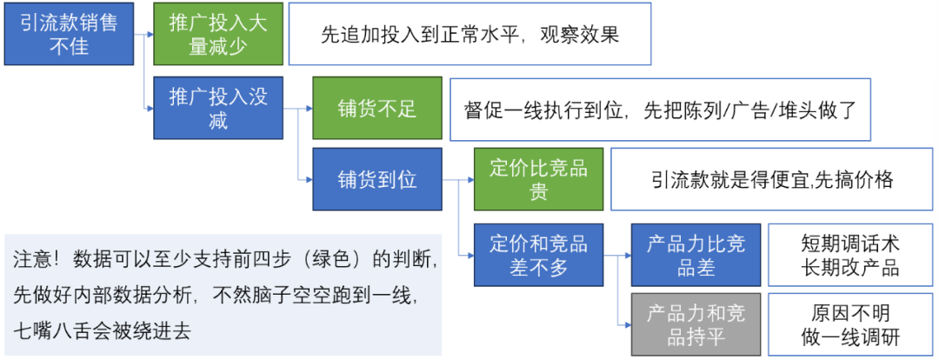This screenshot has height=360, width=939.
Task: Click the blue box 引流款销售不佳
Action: tap(69, 34)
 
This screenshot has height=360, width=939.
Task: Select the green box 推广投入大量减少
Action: tap(218, 34)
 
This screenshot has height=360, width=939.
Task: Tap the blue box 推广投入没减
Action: tap(218, 107)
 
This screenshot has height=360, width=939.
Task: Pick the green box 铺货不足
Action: tap(377, 108)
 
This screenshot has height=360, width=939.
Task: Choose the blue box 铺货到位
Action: tap(377, 179)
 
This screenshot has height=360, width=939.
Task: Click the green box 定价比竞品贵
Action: tap(539, 179)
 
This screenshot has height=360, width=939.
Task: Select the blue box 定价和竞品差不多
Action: tap(539, 255)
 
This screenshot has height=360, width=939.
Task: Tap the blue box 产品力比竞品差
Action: tap(696, 255)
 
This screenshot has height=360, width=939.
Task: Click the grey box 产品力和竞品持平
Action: tap(696, 324)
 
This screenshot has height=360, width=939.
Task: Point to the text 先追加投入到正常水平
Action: tap(415, 35)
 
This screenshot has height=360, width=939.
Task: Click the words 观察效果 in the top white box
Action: tap(578, 35)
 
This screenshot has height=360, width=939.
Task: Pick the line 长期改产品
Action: tap(849, 267)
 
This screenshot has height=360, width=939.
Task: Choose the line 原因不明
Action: tap(849, 313)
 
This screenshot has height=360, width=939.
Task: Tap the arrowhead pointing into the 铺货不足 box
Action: tap(309, 109)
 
